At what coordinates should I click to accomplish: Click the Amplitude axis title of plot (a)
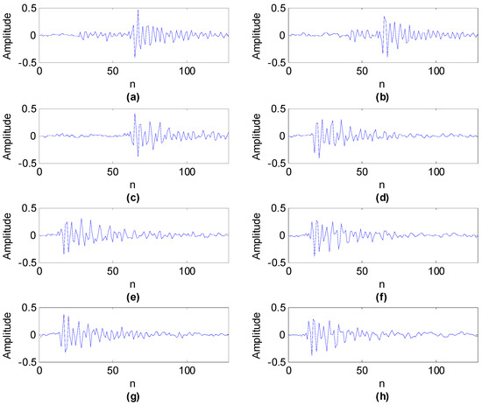click(7, 36)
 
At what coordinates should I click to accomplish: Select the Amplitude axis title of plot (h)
click(258, 335)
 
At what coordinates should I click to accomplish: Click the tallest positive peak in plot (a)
click(138, 11)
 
